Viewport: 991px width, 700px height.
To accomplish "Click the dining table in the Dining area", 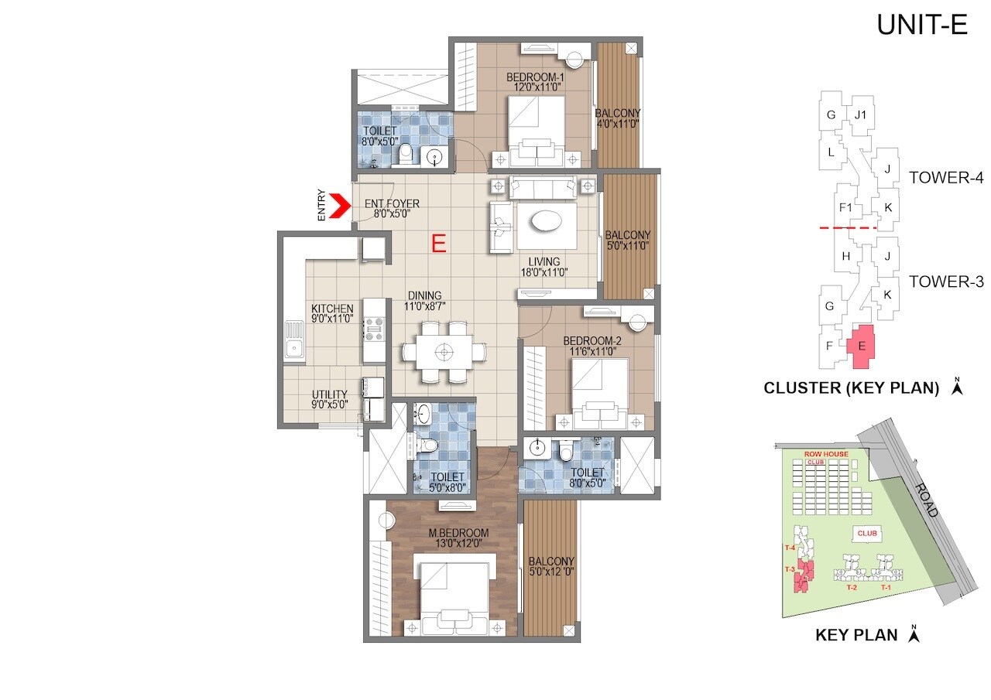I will [444, 352].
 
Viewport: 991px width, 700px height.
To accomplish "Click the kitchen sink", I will [294, 340].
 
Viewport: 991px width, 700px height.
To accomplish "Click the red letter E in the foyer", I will [438, 244].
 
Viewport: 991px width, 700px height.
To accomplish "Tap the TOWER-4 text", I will [945, 178].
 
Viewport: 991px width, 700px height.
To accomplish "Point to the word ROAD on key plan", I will [926, 500].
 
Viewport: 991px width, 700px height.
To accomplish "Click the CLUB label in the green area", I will [866, 533].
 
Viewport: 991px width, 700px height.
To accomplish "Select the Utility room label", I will [330, 398].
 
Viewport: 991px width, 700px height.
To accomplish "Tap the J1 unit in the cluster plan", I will [859, 115].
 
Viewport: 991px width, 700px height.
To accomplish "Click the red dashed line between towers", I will [848, 229].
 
